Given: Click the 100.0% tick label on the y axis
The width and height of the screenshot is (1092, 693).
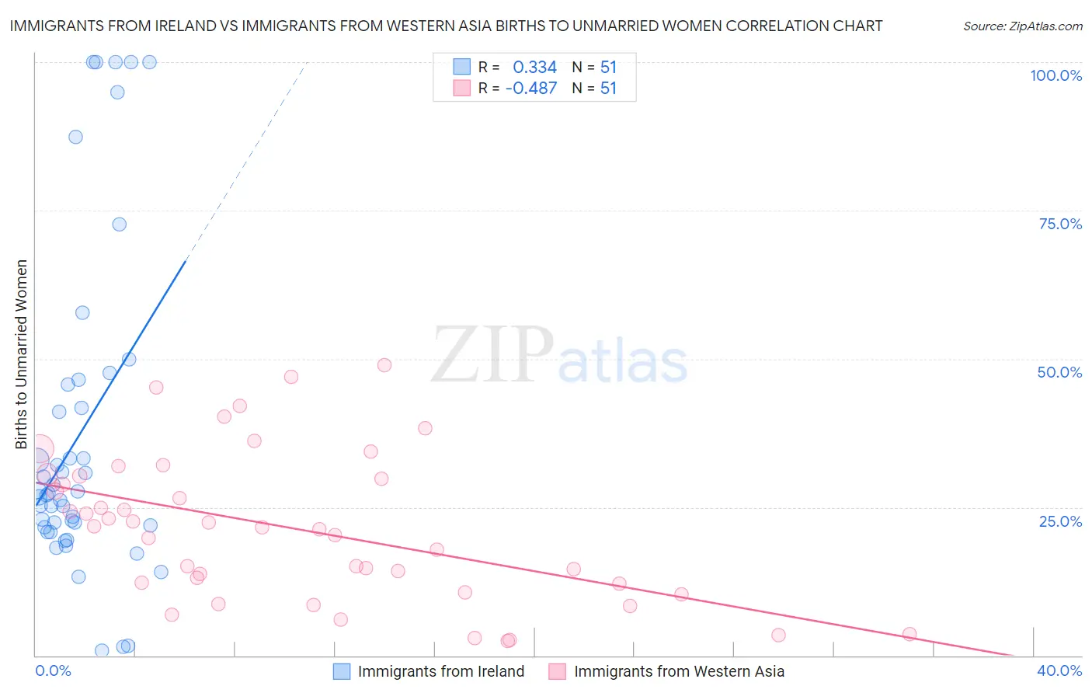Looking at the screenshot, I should coord(1055,75).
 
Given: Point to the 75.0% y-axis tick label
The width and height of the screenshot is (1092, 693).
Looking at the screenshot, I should coord(1060,224).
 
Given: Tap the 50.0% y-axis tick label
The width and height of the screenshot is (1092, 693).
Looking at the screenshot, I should coord(1059,372).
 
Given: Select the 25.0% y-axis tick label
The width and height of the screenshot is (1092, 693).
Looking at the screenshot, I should coord(1060,521).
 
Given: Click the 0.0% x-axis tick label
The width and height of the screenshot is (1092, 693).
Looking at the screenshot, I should coord(53,670).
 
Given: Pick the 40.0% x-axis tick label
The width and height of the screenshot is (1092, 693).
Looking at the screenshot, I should coord(1059,670).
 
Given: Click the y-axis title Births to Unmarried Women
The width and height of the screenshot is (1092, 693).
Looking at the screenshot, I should coord(21,354).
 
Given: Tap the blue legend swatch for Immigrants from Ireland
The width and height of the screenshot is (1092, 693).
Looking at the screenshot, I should coord(342,671).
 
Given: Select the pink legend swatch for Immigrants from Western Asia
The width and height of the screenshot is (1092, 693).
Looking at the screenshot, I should coord(557,671).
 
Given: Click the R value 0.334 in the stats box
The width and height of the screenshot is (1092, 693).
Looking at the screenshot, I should coord(534,68).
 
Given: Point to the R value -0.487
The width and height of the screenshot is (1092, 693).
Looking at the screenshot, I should coord(531,89).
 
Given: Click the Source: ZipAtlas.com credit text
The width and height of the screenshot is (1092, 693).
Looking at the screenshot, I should coord(1022,26).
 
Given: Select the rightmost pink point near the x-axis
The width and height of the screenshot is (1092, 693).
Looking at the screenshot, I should coord(909,634).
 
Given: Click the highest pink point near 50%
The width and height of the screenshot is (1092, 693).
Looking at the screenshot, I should coord(384,365).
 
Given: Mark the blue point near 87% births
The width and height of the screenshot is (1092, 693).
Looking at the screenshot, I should coord(75,137).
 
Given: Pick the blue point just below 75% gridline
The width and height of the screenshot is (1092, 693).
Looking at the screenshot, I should coord(119,225).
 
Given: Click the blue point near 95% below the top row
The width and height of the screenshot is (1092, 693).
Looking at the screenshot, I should coord(117,92).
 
